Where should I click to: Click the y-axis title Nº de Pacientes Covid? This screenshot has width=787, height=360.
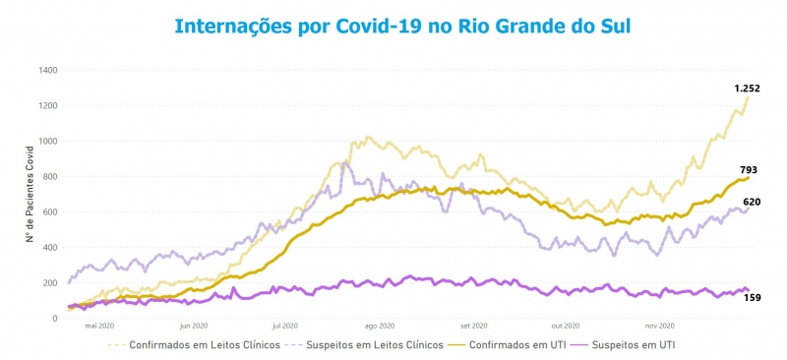(x=30, y=193)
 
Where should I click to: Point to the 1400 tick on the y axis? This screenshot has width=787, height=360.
(x=48, y=71)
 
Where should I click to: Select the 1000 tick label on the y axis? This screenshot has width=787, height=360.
(x=48, y=142)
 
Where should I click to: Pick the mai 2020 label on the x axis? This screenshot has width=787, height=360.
(x=99, y=326)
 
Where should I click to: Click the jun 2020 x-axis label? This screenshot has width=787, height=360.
(x=193, y=326)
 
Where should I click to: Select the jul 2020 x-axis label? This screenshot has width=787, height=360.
(x=284, y=326)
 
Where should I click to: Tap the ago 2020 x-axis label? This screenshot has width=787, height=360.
(x=379, y=326)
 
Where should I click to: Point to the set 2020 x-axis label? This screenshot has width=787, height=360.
(x=474, y=326)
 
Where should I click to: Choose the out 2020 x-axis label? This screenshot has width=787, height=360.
(x=566, y=326)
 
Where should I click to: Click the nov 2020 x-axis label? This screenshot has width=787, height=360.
(x=659, y=326)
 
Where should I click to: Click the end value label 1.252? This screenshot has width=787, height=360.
(x=747, y=89)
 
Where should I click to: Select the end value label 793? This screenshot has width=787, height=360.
(x=748, y=170)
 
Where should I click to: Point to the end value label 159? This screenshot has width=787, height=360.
(x=752, y=297)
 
